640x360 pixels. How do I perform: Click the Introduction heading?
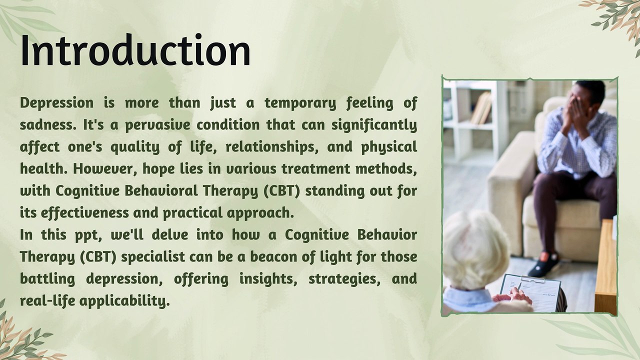click(x=135, y=51)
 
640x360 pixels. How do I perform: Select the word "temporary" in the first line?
click(x=300, y=103)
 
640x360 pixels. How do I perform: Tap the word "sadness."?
click(x=48, y=125)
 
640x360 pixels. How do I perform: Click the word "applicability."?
click(x=124, y=301)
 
